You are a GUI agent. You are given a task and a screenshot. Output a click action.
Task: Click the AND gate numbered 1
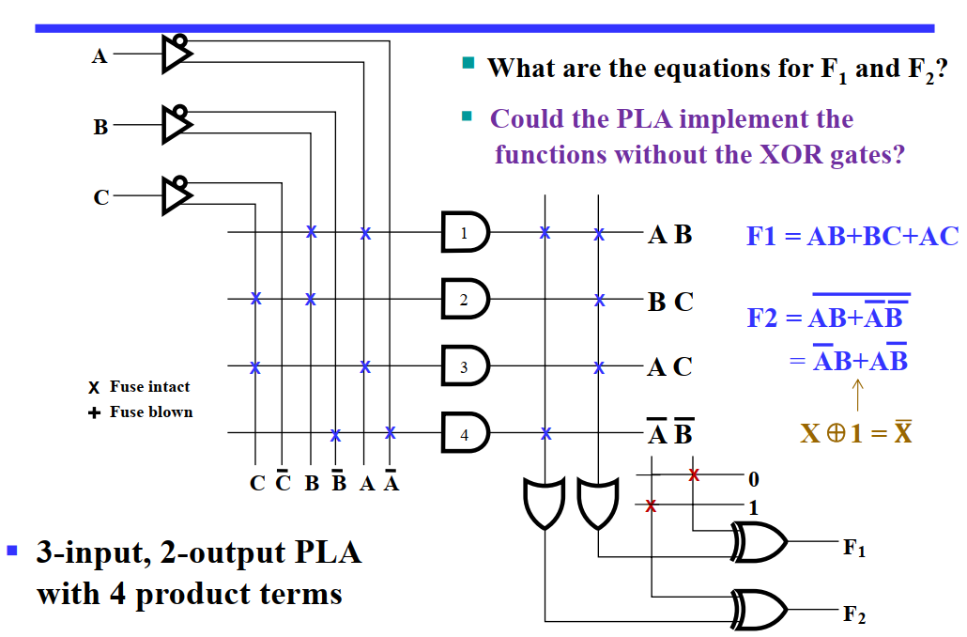point(465,232)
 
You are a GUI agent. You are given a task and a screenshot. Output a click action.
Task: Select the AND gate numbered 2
point(465,299)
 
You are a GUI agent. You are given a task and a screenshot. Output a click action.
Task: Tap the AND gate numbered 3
point(465,366)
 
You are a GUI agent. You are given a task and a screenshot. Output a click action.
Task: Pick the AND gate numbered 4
point(465,433)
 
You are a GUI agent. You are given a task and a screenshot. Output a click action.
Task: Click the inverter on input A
point(176,54)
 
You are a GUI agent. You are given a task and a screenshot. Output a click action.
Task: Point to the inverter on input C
point(176,194)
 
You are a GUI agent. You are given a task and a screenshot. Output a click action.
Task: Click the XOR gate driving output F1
point(760,542)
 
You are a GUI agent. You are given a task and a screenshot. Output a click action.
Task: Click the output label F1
point(854,547)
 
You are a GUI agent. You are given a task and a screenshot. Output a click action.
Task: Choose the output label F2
point(854,615)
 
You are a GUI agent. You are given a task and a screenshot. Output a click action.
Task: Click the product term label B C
point(670,302)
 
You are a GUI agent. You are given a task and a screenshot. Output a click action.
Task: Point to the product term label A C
point(670,367)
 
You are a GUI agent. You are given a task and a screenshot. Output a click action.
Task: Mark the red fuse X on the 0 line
point(694,475)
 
